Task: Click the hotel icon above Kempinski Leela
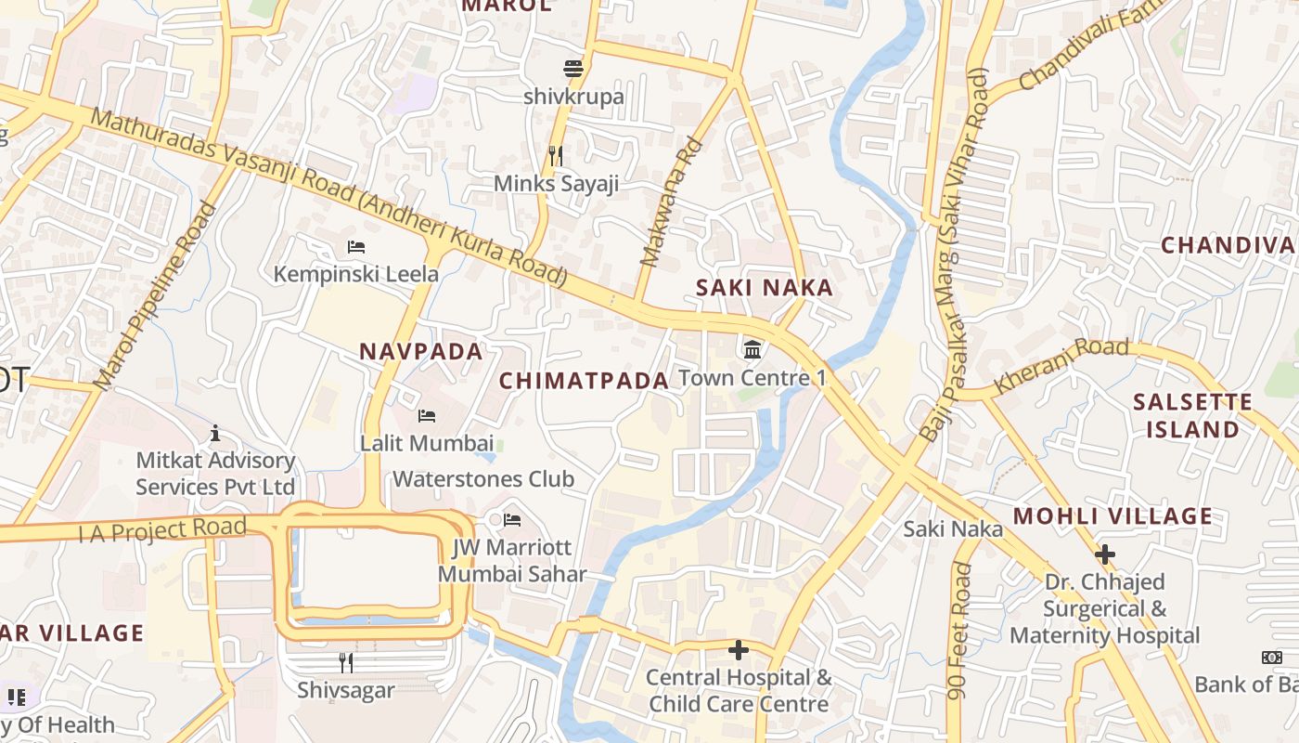coord(356,247)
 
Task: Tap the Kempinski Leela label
coord(356,274)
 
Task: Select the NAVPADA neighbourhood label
coord(421,352)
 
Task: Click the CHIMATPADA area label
coord(584,381)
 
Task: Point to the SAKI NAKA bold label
coord(765,289)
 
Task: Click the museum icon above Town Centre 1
coord(752,351)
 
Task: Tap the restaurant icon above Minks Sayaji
coord(556,156)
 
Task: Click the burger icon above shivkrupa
coord(573,69)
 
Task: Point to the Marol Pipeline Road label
coord(155,296)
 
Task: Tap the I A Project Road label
coord(162,530)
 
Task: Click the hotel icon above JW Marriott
coord(512,520)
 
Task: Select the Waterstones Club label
coord(483,479)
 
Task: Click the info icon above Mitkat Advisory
coord(215,433)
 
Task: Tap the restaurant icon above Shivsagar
coord(346,662)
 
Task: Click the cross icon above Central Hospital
coord(739,650)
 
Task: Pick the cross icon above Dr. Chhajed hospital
coord(1104,555)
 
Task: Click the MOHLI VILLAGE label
coord(1112,516)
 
